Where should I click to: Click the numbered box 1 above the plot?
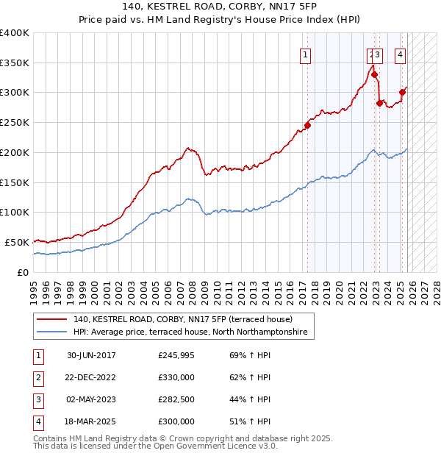(x=304, y=54)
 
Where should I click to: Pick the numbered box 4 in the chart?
(x=400, y=54)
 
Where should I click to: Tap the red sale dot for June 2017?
(x=308, y=125)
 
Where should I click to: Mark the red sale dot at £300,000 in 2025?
(x=402, y=93)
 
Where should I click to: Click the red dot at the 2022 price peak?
(x=374, y=74)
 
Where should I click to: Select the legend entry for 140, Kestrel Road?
(x=182, y=320)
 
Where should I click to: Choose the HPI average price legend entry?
(x=193, y=332)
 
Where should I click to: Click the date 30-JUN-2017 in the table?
(x=91, y=355)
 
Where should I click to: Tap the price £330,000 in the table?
(x=176, y=378)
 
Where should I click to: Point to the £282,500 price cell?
(x=176, y=400)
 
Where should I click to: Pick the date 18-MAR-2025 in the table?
(x=91, y=422)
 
